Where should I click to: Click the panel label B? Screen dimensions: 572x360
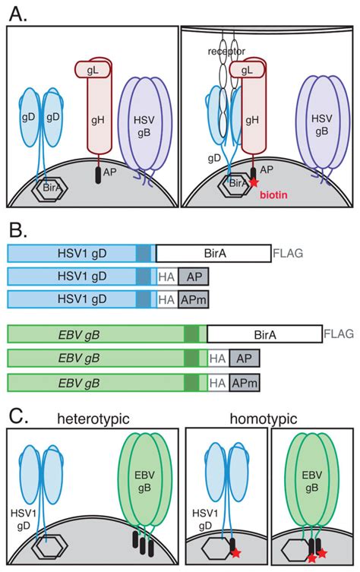coord(17,230)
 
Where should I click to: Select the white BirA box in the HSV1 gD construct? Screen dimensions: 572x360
coord(212,253)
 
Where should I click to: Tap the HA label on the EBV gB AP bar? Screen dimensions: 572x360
coord(217,357)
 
